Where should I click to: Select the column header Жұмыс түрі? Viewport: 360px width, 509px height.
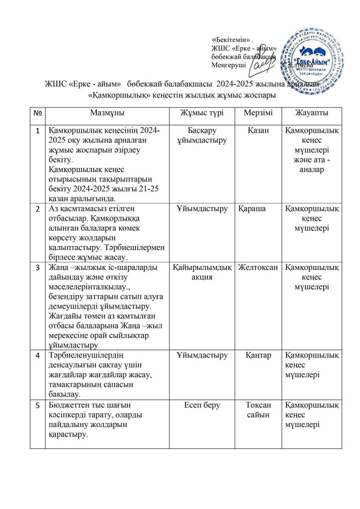(201, 113)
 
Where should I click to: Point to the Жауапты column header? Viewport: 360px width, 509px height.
(311, 113)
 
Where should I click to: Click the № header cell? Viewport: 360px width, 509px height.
(37, 114)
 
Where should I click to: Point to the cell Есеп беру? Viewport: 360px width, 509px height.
(202, 405)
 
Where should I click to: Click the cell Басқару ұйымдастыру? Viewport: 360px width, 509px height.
(202, 136)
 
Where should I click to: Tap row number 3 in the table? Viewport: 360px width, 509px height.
(37, 268)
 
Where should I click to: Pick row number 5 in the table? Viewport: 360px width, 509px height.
(37, 405)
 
